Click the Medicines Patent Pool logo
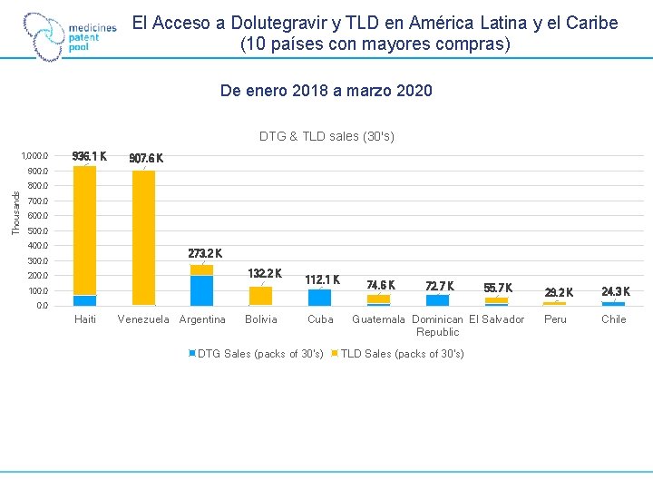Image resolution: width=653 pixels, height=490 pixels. (x=70, y=36)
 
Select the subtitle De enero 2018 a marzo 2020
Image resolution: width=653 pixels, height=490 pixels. (x=326, y=91)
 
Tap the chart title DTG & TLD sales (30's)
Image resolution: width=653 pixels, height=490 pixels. (x=326, y=137)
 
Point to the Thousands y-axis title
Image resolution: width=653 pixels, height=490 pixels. (x=16, y=211)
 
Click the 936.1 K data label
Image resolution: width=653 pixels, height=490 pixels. (x=89, y=156)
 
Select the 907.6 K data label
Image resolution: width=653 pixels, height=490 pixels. (x=146, y=159)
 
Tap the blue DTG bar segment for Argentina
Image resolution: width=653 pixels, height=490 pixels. (x=201, y=290)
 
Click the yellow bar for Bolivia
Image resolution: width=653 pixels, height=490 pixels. (x=260, y=296)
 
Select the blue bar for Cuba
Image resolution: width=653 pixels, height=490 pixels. (x=319, y=297)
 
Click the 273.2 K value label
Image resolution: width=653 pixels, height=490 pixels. (x=205, y=253)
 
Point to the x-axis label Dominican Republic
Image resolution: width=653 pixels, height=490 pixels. (x=438, y=326)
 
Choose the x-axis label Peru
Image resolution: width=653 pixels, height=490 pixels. (x=555, y=319)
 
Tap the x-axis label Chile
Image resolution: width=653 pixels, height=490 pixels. (x=614, y=319)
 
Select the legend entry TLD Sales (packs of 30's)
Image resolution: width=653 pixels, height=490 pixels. (x=398, y=354)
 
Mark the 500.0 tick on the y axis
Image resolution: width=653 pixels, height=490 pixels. (x=37, y=230)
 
